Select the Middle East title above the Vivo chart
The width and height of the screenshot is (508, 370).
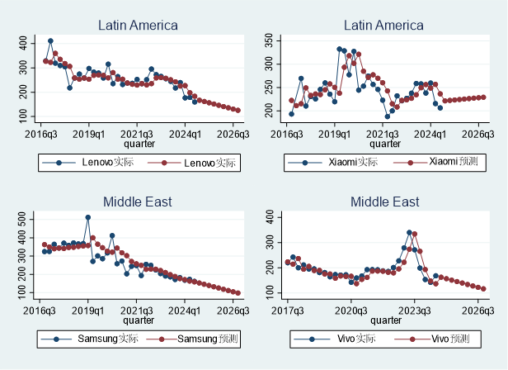point(385,202)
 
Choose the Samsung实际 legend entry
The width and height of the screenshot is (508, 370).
point(105,338)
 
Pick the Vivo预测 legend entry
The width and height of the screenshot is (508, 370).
point(448,338)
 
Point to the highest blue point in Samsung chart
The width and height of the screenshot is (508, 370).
point(88,217)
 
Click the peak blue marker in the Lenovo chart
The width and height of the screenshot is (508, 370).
point(50,40)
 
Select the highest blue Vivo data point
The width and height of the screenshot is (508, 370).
point(409,233)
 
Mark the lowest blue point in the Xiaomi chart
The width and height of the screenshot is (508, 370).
point(388,116)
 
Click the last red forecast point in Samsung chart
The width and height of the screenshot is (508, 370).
point(238,292)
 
